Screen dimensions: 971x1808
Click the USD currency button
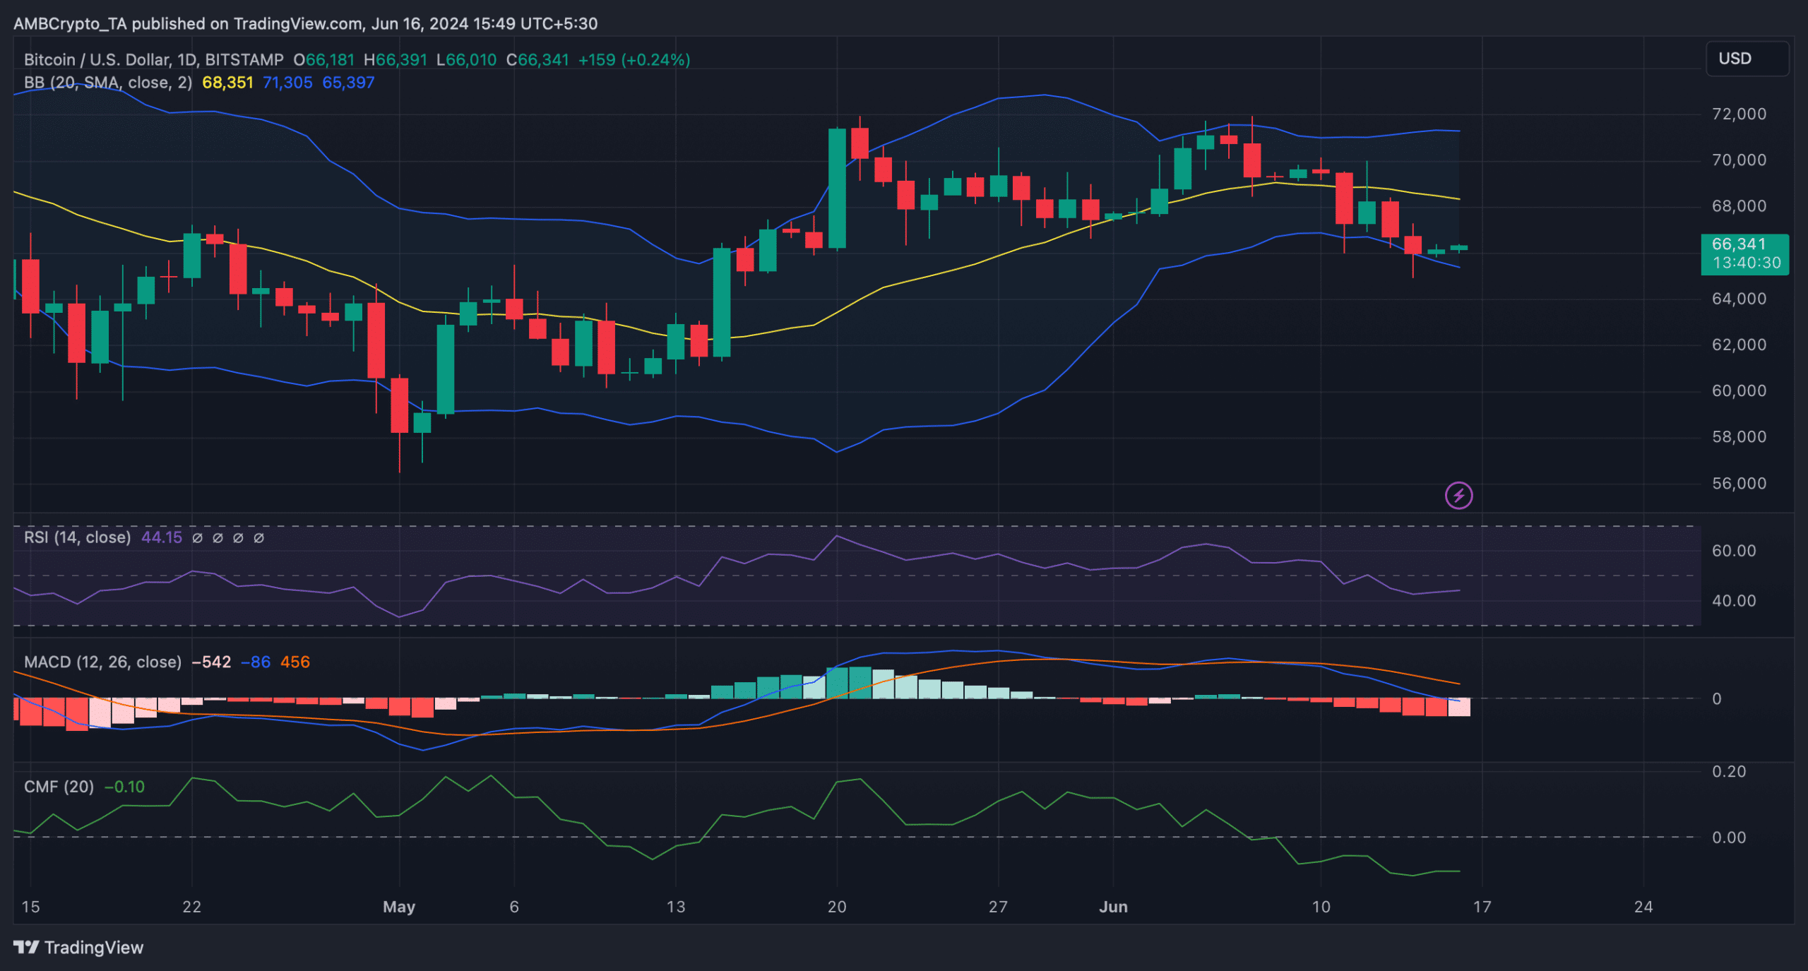tap(1747, 59)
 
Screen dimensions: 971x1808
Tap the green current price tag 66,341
tap(1744, 254)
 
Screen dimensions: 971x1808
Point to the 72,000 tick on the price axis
tap(1738, 114)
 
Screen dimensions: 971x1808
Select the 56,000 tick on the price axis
tap(1738, 484)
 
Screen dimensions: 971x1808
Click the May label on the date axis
tap(399, 907)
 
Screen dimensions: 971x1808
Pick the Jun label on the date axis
tap(1113, 907)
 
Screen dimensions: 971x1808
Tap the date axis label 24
tap(1643, 907)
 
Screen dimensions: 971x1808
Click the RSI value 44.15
tap(162, 537)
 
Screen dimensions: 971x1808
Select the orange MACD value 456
tap(295, 662)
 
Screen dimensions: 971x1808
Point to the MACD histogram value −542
tap(211, 662)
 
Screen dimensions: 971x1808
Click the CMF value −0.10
tap(124, 787)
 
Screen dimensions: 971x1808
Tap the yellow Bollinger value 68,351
tap(227, 83)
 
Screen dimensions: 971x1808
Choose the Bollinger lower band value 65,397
tap(348, 83)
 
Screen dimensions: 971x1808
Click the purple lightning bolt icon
tap(1458, 496)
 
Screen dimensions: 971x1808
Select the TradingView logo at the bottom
tap(78, 948)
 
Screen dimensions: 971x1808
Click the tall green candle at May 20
tap(837, 189)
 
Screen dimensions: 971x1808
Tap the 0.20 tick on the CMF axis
tap(1729, 771)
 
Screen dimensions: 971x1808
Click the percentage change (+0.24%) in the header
tap(655, 60)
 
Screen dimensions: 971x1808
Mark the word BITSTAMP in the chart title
tap(244, 60)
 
